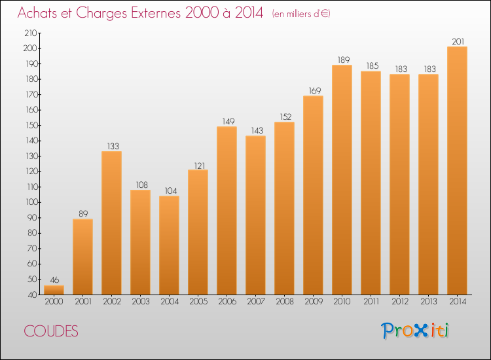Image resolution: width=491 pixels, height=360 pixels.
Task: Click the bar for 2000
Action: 54,290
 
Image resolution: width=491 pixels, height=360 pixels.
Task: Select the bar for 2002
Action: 111,223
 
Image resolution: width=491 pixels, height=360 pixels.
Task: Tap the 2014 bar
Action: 457,171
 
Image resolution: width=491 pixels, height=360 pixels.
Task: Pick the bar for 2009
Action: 313,195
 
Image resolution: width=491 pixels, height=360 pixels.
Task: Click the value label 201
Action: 458,42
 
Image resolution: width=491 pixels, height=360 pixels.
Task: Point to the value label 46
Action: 54,280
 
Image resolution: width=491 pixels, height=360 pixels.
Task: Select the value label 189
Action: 344,60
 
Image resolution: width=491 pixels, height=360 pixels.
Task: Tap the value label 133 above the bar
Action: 113,146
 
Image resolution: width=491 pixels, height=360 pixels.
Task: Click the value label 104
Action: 171,190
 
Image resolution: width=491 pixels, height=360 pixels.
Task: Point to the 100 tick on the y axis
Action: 31,202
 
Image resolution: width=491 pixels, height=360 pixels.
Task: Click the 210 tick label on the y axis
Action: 31,33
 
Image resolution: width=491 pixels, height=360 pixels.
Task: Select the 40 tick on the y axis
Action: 33,295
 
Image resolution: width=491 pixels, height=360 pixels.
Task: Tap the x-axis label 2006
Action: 227,302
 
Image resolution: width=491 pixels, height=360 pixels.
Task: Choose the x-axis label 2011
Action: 371,302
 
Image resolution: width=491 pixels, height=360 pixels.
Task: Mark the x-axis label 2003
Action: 141,302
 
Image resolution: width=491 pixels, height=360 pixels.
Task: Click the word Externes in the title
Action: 156,13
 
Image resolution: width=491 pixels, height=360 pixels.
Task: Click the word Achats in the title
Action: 37,13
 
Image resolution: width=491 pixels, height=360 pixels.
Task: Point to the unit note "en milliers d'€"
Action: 301,14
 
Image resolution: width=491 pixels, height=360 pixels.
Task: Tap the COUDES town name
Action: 51,331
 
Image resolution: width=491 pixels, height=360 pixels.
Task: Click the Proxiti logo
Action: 415,331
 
